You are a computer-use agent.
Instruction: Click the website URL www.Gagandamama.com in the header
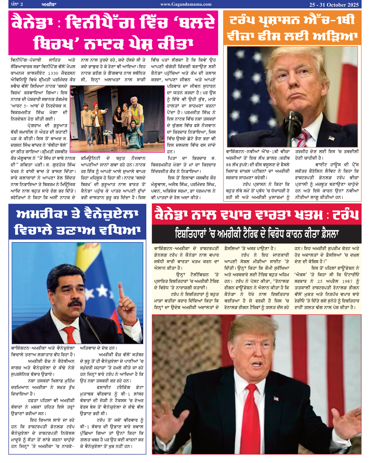pyautogui.click(x=186, y=4)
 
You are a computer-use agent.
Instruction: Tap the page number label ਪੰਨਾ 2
pyautogui.click(x=17, y=4)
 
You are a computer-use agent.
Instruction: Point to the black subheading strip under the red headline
pyautogui.click(x=256, y=233)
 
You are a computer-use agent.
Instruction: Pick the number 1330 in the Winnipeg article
pyautogui.click(x=53, y=73)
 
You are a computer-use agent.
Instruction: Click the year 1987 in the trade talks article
pyautogui.click(x=347, y=281)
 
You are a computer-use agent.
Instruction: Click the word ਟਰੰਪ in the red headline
pyautogui.click(x=346, y=214)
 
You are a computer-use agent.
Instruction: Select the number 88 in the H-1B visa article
pyautogui.click(x=228, y=165)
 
